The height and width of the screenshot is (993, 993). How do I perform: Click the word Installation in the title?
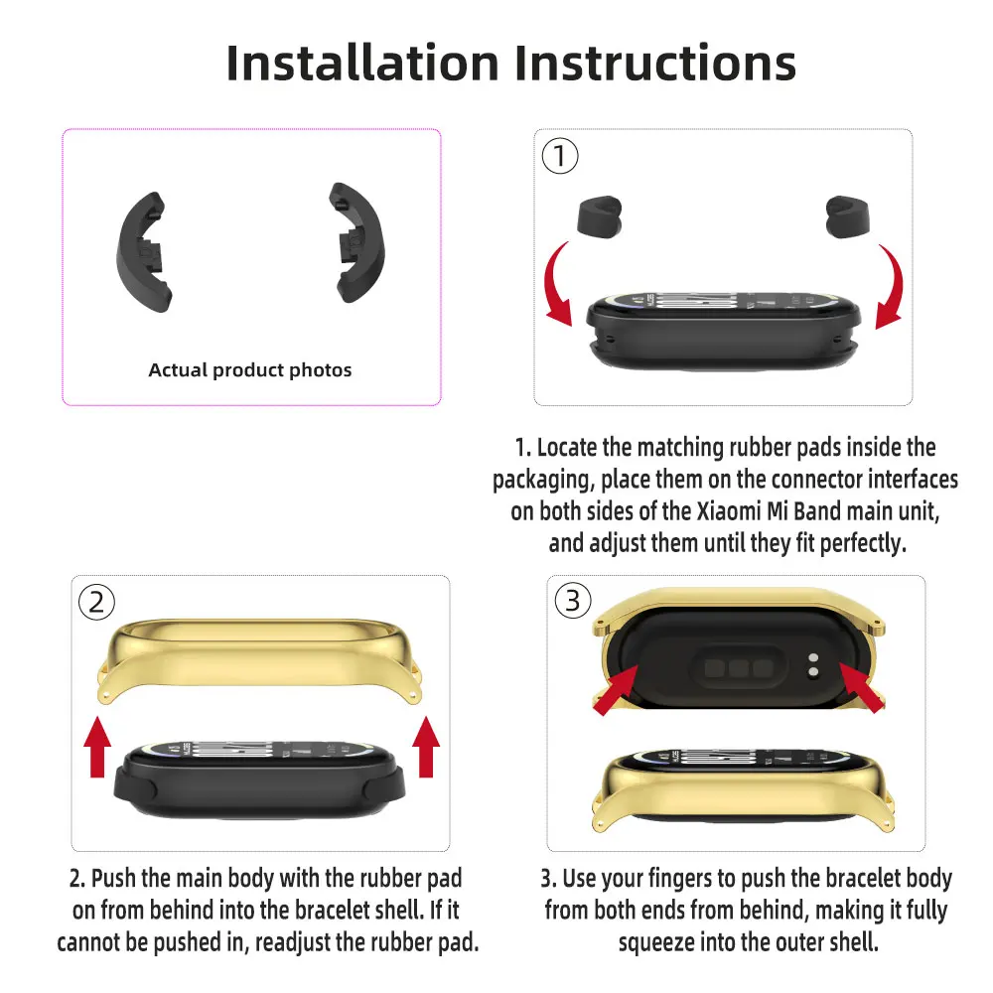coord(362,64)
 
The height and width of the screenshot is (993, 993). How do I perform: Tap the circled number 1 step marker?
coord(560,156)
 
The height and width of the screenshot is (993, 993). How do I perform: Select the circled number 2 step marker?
coord(96,603)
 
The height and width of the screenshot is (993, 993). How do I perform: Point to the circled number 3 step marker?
coord(573,601)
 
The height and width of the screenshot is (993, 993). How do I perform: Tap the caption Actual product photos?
coord(250,369)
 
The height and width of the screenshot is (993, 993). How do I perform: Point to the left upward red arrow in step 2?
coord(97,747)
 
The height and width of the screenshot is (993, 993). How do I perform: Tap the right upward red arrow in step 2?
coord(426,747)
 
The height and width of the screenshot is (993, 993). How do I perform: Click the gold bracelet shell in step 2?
coord(259,658)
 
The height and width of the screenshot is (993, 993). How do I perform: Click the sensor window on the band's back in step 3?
coord(739,667)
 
